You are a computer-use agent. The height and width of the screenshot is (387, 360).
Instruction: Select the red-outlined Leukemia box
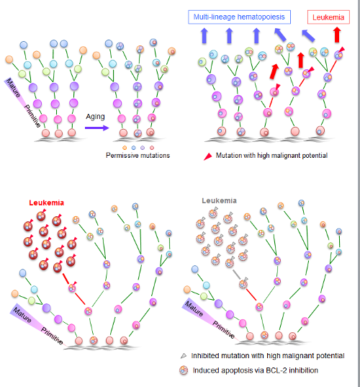click(x=328, y=15)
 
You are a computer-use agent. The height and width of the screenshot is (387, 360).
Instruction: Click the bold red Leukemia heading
click(x=46, y=203)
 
